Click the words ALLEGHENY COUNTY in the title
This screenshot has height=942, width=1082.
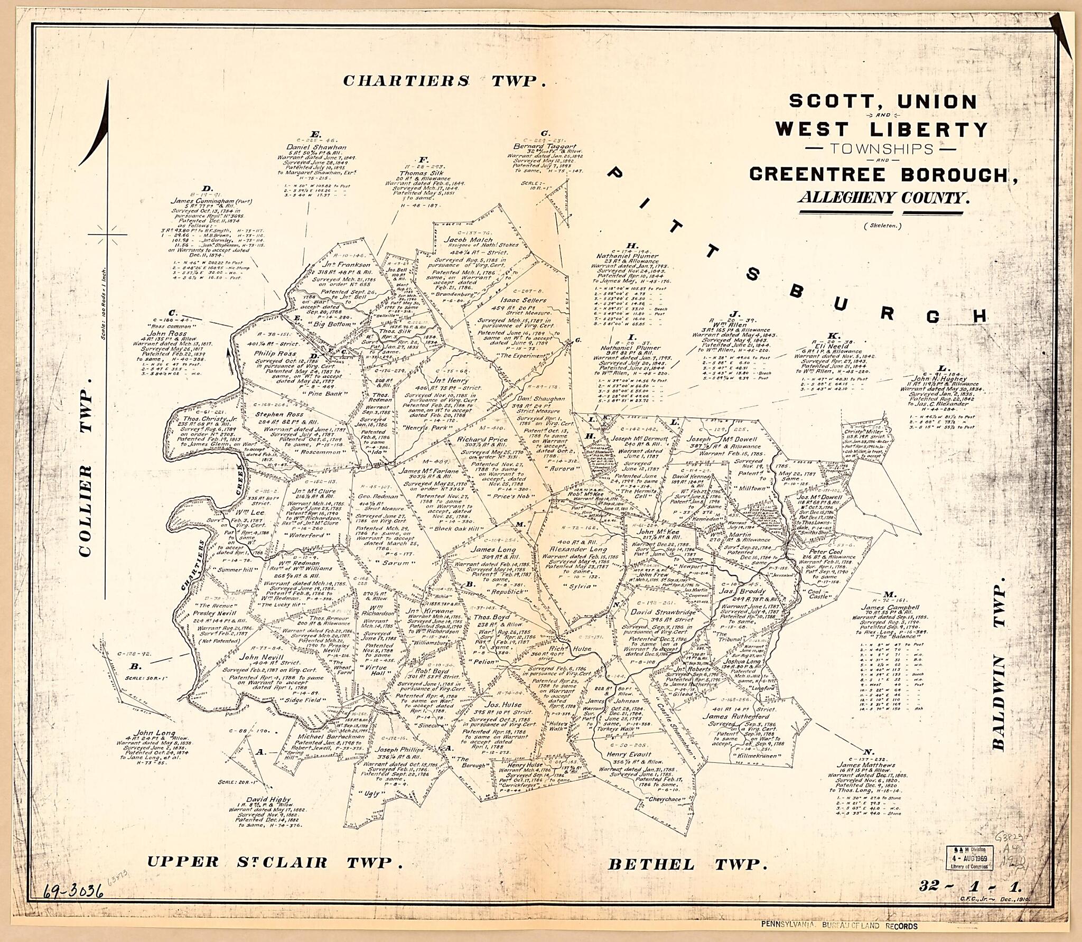click(884, 198)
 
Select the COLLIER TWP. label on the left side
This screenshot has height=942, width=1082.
click(86, 466)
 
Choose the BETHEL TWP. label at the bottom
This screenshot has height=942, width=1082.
click(687, 865)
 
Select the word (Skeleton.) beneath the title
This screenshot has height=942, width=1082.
click(883, 226)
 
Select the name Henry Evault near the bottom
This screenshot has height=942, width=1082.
click(629, 754)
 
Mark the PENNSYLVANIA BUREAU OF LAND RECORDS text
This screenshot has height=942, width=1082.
click(839, 926)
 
